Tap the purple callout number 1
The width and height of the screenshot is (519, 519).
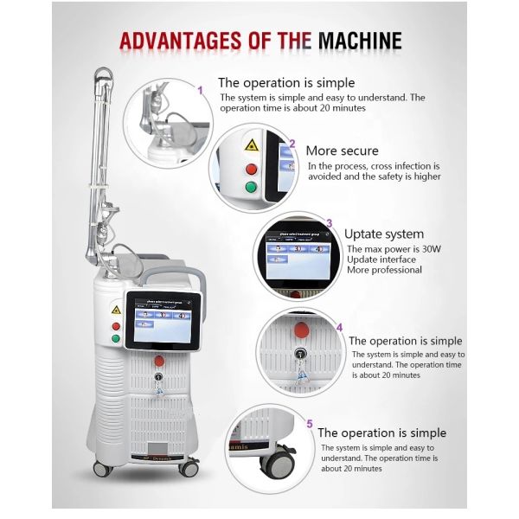click(x=201, y=89)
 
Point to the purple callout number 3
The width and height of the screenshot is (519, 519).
click(x=328, y=223)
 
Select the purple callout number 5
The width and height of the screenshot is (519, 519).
click(x=309, y=423)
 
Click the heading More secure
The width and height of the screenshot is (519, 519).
click(x=343, y=151)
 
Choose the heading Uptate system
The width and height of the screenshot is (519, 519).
click(x=384, y=234)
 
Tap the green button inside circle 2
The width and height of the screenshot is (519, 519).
click(x=251, y=188)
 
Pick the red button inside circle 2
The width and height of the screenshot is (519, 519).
click(x=251, y=169)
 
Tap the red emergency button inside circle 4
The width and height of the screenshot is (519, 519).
click(x=301, y=332)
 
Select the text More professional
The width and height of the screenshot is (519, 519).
click(x=383, y=270)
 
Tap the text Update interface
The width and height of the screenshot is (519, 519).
click(x=380, y=259)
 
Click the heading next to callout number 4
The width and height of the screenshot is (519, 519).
click(x=405, y=341)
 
